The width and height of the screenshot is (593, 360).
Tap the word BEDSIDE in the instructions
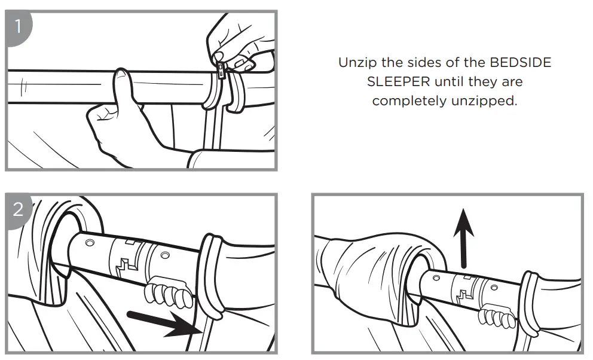[521, 62]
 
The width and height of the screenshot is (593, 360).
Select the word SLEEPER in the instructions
[399, 82]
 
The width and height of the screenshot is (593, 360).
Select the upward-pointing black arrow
[463, 238]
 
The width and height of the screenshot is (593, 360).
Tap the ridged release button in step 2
[168, 292]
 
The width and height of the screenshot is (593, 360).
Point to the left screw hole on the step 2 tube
[90, 242]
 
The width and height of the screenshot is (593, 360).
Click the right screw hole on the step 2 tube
[165, 256]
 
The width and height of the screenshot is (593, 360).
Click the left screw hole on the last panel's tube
[436, 278]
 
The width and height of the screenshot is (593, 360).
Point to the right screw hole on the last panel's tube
[493, 288]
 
